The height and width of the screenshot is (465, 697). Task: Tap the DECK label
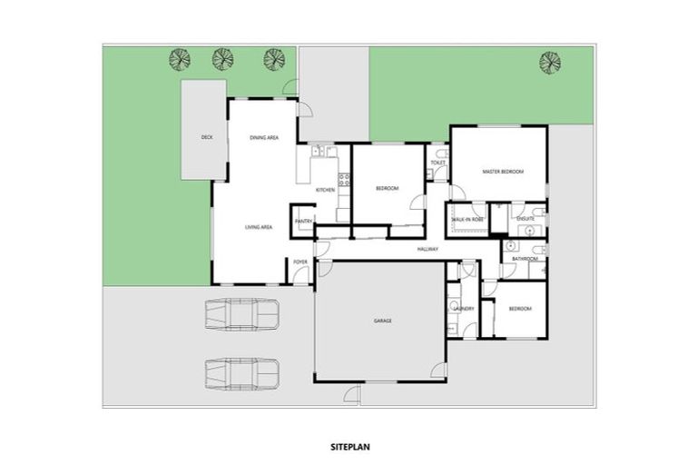pos(206,137)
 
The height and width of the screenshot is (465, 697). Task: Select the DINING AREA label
pos(264,137)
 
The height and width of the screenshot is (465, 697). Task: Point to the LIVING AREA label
pos(259,227)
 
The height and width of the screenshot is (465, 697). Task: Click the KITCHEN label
pos(325,190)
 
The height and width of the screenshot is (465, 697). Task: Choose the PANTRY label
pos(303,220)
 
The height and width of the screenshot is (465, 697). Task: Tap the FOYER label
pos(299,262)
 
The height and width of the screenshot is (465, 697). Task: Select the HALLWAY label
pos(428,249)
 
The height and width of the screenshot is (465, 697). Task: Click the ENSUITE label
pos(525,220)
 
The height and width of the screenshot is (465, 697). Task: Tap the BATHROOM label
pos(525,259)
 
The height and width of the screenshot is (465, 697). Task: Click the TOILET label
pos(437,163)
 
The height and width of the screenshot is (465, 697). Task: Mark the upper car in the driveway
pos(241,314)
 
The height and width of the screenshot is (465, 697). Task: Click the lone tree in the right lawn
pos(549,63)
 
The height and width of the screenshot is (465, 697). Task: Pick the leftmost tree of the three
pos(180,60)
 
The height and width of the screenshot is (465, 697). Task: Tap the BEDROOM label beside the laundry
pos(519,309)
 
